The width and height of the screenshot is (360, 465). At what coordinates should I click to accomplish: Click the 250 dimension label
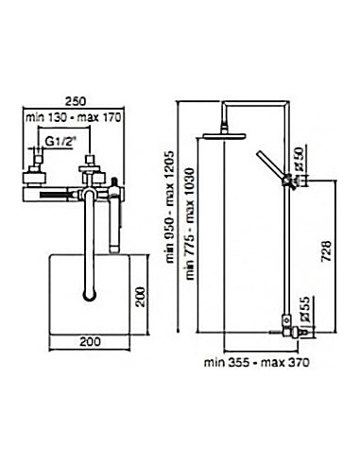tap(76, 101)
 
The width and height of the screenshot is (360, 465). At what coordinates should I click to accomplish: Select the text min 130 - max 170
tap(74, 117)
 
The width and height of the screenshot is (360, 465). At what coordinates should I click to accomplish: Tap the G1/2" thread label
tap(60, 142)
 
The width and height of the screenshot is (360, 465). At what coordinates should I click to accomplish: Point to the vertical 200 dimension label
tap(142, 297)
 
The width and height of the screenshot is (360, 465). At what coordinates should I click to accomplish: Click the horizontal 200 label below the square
tap(90, 342)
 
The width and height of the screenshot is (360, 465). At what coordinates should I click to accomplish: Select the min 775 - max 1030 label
tap(190, 224)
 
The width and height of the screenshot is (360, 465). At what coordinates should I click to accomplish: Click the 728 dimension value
tap(327, 251)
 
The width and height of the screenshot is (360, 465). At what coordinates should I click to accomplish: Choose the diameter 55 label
tap(306, 309)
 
